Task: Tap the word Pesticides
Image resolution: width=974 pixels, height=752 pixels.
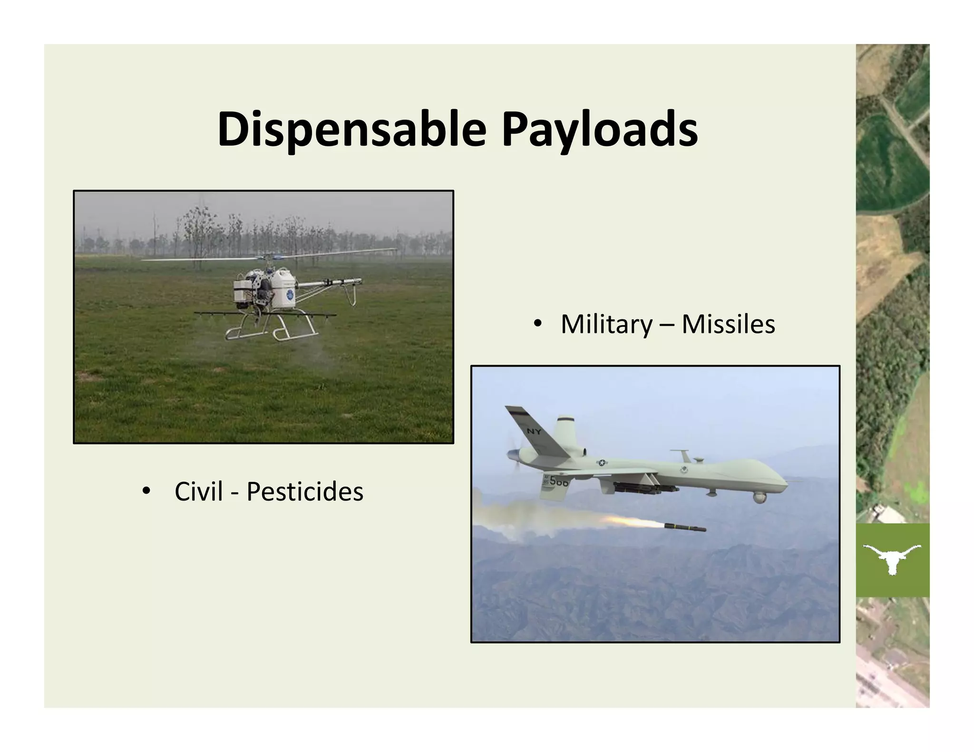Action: pyautogui.click(x=304, y=492)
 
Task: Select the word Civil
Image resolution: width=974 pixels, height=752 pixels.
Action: pyautogui.click(x=198, y=492)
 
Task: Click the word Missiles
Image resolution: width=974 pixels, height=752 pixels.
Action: pyautogui.click(x=728, y=324)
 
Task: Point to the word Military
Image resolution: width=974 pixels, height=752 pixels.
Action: pyautogui.click(x=607, y=324)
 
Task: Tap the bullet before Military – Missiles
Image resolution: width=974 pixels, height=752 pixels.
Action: pyautogui.click(x=538, y=323)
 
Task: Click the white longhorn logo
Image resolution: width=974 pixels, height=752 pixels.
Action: pyautogui.click(x=892, y=559)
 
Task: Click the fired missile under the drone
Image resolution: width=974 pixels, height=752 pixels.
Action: pyautogui.click(x=685, y=527)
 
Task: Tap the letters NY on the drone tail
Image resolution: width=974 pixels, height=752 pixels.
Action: pyautogui.click(x=534, y=432)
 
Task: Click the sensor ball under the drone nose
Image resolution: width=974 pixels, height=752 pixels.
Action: pyautogui.click(x=760, y=498)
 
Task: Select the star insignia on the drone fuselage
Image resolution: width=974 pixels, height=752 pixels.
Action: pyautogui.click(x=602, y=463)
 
